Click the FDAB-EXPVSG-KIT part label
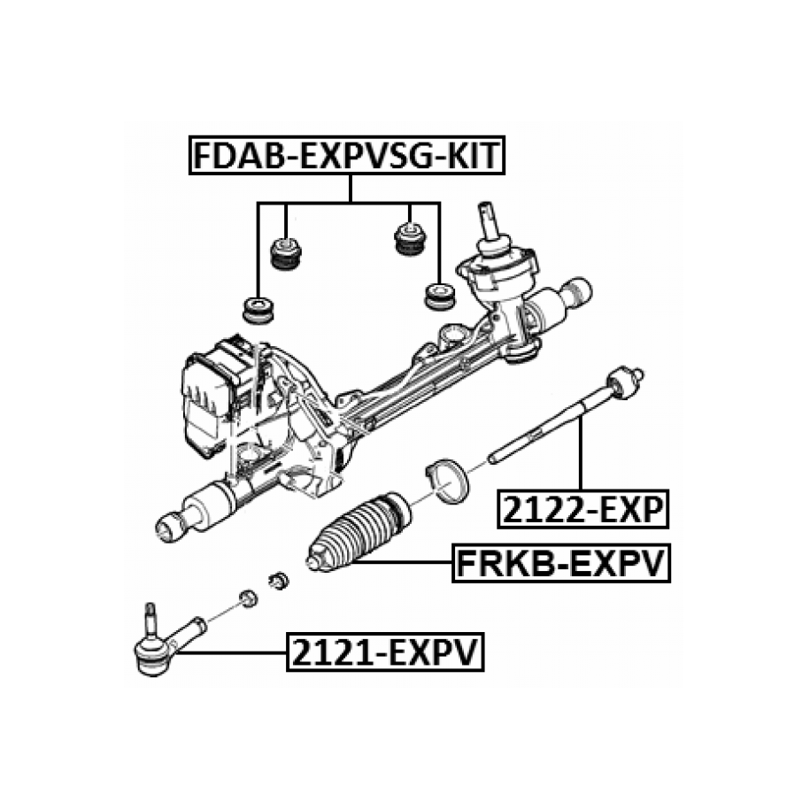[x=347, y=156]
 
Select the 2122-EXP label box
[x=582, y=509]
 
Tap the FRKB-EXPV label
[x=561, y=563]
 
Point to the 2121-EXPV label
[x=385, y=652]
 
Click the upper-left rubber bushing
[x=286, y=253]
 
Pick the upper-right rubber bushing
[x=410, y=237]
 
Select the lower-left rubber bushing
[x=258, y=310]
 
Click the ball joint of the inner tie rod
[x=624, y=382]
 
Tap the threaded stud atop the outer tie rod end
[x=150, y=619]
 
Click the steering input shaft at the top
[x=489, y=222]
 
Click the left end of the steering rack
[x=171, y=526]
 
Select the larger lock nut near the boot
[x=279, y=581]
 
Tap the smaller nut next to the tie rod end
[x=249, y=598]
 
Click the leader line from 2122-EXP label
[x=581, y=455]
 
